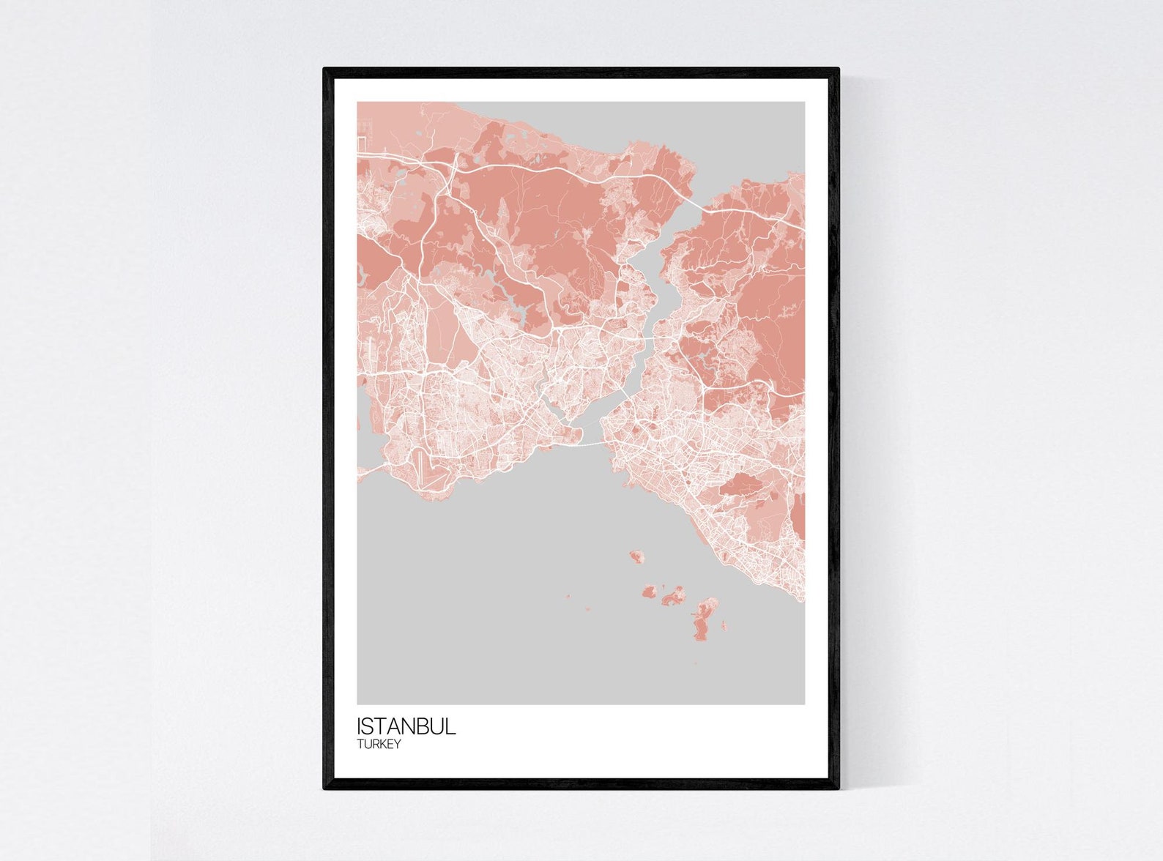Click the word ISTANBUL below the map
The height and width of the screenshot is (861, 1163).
click(406, 726)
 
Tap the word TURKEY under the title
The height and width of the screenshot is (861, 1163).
click(379, 745)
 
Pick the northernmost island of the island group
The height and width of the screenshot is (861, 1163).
click(636, 556)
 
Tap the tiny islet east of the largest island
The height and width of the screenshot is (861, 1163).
click(724, 625)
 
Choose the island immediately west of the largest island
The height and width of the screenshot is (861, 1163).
click(672, 596)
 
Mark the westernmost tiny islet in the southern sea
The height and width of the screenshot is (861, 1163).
click(567, 596)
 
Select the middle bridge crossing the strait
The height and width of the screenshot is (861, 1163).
click(657, 338)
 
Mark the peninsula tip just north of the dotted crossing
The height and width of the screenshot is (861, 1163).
click(579, 436)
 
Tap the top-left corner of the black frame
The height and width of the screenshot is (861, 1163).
click(324, 70)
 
